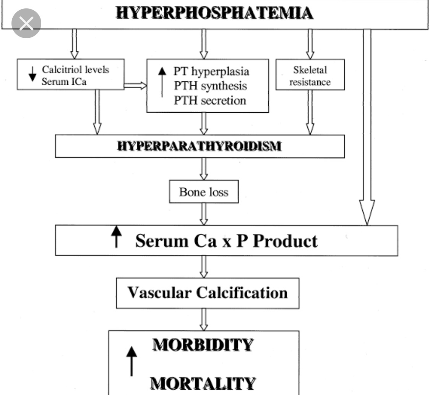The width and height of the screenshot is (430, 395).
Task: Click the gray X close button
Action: (26, 24)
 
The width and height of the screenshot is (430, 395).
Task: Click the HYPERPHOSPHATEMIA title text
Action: (215, 13)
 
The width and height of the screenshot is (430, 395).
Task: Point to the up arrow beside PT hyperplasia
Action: (162, 80)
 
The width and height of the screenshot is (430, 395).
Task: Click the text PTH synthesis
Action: (210, 86)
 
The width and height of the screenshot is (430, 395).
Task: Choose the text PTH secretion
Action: (210, 100)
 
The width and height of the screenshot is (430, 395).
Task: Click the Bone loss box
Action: (204, 192)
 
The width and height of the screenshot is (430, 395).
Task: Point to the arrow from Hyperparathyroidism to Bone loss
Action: (204, 168)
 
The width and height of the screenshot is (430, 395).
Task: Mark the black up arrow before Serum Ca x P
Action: (117, 237)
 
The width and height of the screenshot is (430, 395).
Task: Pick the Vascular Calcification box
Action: (207, 293)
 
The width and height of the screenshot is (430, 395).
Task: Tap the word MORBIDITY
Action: (203, 345)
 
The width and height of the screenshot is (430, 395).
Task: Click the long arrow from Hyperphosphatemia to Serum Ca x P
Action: (367, 126)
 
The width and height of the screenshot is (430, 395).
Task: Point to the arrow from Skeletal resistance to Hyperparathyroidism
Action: (310, 112)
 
